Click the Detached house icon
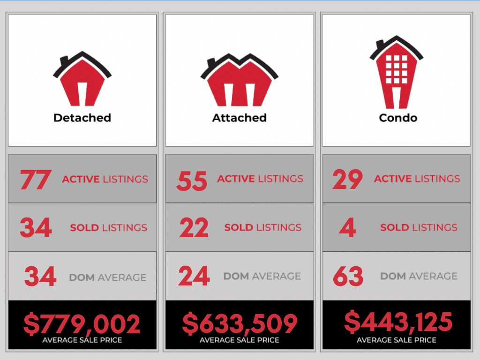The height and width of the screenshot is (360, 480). [x=82, y=80]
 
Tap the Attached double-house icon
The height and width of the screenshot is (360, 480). [x=239, y=80]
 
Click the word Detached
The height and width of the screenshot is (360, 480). [x=82, y=117]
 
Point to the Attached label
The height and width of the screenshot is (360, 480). [x=239, y=117]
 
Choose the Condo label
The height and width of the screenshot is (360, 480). [x=398, y=117]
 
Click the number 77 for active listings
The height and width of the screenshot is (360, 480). [x=35, y=180]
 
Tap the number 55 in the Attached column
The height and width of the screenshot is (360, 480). [x=192, y=180]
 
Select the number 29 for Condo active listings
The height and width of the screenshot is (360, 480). [x=347, y=180]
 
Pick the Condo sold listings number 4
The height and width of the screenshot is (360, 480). [x=347, y=228]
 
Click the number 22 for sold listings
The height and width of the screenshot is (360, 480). [x=194, y=228]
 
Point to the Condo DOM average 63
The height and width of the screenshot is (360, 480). [x=348, y=277]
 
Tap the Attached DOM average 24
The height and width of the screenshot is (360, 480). [x=194, y=277]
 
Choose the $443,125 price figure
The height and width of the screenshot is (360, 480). [x=398, y=322]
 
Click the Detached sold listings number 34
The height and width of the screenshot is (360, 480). [x=36, y=228]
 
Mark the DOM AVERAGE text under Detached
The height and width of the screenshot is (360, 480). [x=107, y=277]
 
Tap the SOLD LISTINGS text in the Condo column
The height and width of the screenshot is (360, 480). [x=419, y=228]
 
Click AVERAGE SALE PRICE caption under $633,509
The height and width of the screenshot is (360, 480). [x=240, y=340]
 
